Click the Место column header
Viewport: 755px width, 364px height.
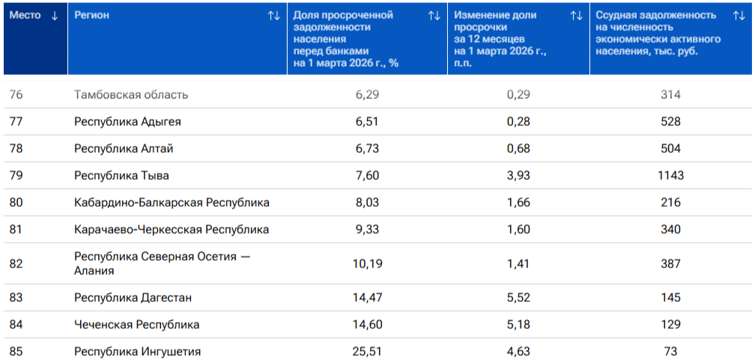pyautogui.click(x=25, y=16)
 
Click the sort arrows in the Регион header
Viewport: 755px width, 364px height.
pyautogui.click(x=273, y=16)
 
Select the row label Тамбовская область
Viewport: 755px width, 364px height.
pyautogui.click(x=131, y=95)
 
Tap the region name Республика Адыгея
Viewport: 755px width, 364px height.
pyautogui.click(x=127, y=122)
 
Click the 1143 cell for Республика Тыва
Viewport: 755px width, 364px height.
pyautogui.click(x=670, y=176)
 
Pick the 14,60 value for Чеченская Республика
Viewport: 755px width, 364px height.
pyautogui.click(x=367, y=324)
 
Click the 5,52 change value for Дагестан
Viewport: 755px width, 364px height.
pyautogui.click(x=518, y=297)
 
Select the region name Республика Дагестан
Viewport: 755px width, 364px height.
pyautogui.click(x=133, y=297)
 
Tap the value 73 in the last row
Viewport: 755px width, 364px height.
pyautogui.click(x=670, y=351)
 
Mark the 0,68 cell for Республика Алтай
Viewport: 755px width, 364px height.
pyautogui.click(x=518, y=149)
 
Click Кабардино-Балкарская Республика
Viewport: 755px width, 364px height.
pyautogui.click(x=172, y=203)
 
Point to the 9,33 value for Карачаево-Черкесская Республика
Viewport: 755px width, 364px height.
pyautogui.click(x=367, y=229)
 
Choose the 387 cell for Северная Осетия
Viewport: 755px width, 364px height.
pyautogui.click(x=670, y=264)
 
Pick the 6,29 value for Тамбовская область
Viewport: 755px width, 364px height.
pyautogui.click(x=367, y=95)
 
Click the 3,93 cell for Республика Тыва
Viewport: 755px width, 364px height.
pyautogui.click(x=518, y=176)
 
